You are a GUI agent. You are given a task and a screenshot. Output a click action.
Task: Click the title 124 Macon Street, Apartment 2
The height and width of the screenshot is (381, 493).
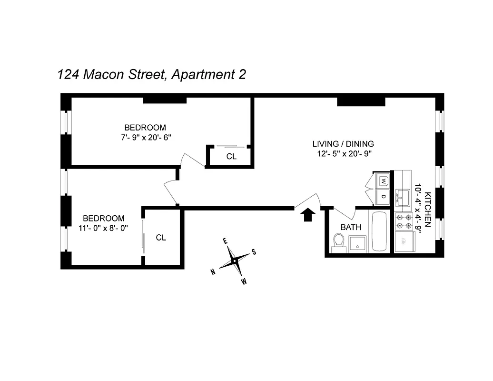tap(151, 75)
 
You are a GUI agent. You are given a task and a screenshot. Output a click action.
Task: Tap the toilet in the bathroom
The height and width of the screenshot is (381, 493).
tap(338, 241)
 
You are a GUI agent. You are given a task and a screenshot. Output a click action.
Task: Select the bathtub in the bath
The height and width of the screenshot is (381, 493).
tap(380, 231)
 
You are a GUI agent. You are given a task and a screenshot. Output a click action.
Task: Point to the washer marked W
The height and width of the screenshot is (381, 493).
tap(384, 181)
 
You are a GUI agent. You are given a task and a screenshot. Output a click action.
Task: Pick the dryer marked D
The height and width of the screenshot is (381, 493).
tap(384, 195)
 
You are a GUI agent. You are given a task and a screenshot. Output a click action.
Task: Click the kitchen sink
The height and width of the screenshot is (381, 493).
tap(403, 196)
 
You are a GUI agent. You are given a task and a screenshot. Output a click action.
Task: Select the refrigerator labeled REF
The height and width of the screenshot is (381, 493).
tap(403, 241)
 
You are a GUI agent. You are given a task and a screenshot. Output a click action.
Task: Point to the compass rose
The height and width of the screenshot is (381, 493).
tap(234, 261)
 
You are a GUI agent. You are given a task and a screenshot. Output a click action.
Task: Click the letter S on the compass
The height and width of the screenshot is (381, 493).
tap(254, 252)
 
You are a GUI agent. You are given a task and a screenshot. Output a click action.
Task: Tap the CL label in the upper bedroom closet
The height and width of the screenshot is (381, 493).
tap(231, 157)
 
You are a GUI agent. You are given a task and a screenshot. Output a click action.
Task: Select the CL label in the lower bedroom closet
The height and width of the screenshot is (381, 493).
tap(161, 238)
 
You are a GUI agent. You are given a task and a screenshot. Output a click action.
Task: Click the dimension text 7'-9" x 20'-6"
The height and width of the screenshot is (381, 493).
tap(145, 137)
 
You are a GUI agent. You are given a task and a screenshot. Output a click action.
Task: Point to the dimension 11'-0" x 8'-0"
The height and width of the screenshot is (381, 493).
tap(104, 228)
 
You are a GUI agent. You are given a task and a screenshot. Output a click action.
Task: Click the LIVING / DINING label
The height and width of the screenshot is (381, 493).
tap(343, 144)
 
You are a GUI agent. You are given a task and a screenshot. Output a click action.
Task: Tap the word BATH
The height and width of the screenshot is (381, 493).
tap(350, 228)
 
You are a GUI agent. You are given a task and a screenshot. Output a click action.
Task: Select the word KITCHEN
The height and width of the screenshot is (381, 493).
tap(428, 210)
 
